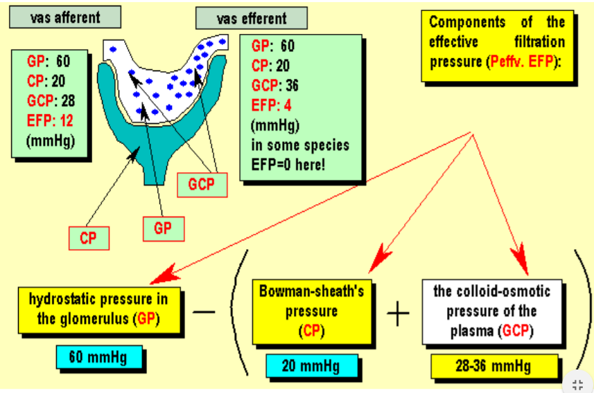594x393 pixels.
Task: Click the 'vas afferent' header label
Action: (x=65, y=17)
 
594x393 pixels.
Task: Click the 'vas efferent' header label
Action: (x=251, y=18)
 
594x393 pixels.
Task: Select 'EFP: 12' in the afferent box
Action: (x=51, y=120)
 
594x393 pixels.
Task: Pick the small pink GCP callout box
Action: (x=201, y=185)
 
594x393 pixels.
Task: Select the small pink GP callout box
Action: (x=163, y=228)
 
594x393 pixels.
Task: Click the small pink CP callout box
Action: (x=88, y=238)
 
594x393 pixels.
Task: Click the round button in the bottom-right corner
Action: (x=577, y=384)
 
